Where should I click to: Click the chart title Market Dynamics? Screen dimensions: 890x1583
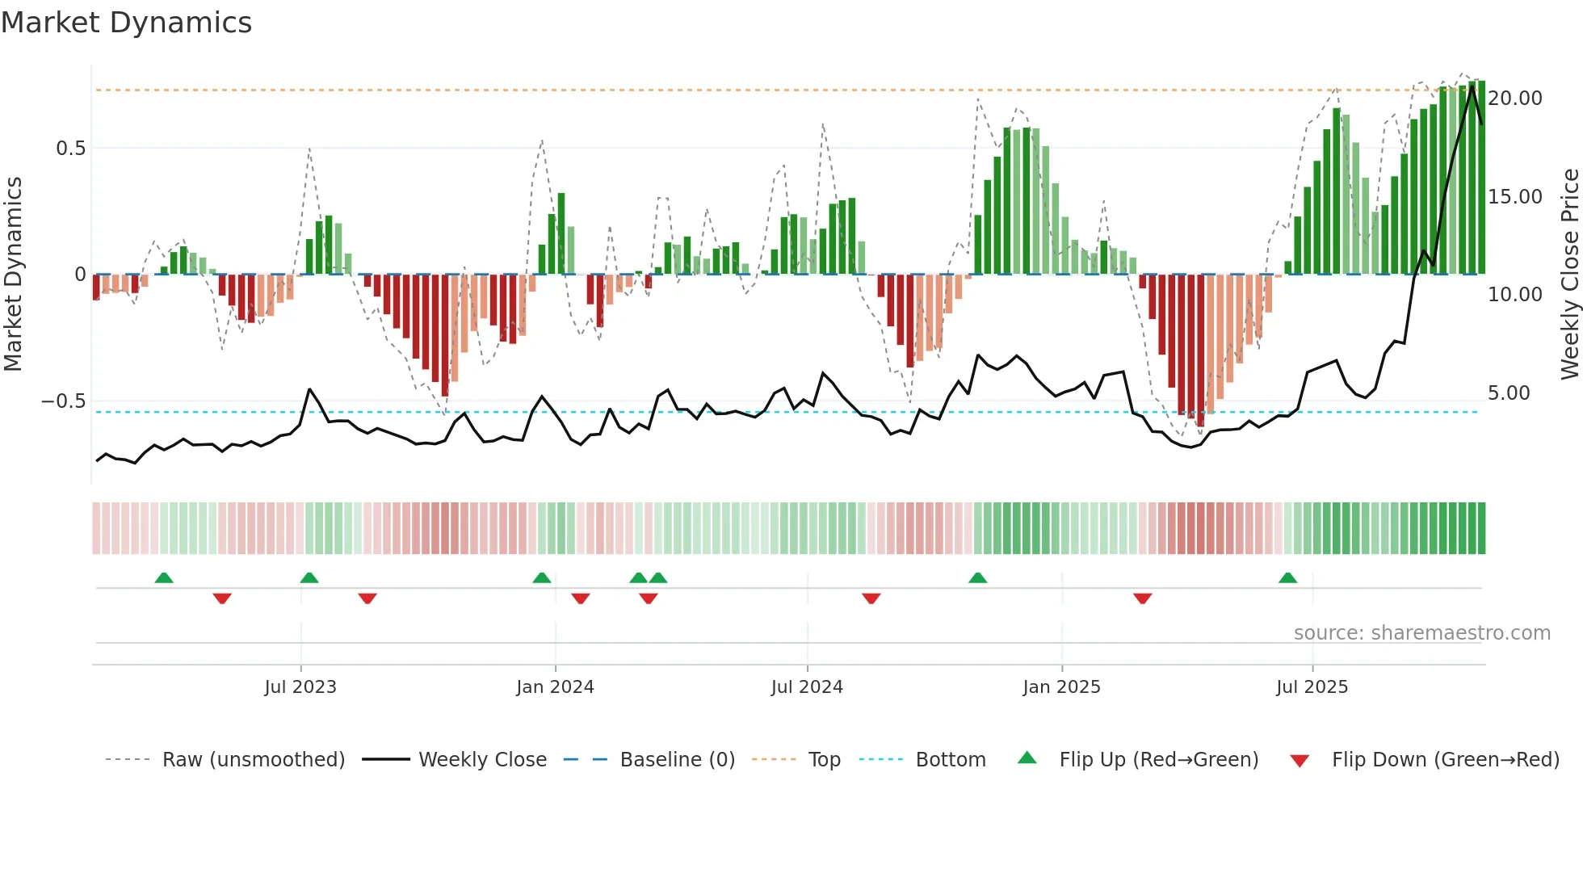126,23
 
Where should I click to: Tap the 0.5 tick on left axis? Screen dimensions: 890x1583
70,149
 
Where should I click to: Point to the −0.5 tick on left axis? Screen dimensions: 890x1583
63,401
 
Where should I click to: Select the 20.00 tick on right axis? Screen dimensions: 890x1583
1515,99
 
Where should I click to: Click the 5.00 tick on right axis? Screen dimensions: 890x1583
1509,393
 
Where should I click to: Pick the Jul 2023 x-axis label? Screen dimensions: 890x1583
300,687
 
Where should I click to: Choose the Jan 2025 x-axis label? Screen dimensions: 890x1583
1060,687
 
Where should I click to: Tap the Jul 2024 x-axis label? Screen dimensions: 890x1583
806,687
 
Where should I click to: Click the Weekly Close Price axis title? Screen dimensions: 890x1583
1569,274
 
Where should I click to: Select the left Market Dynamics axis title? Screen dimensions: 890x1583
13,274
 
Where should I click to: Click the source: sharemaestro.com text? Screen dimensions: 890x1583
1421,633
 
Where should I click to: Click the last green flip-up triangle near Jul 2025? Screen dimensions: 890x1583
1287,578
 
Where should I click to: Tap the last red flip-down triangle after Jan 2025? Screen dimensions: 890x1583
1142,598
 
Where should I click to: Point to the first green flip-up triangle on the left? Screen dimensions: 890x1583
164,578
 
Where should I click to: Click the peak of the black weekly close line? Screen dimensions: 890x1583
1472,86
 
